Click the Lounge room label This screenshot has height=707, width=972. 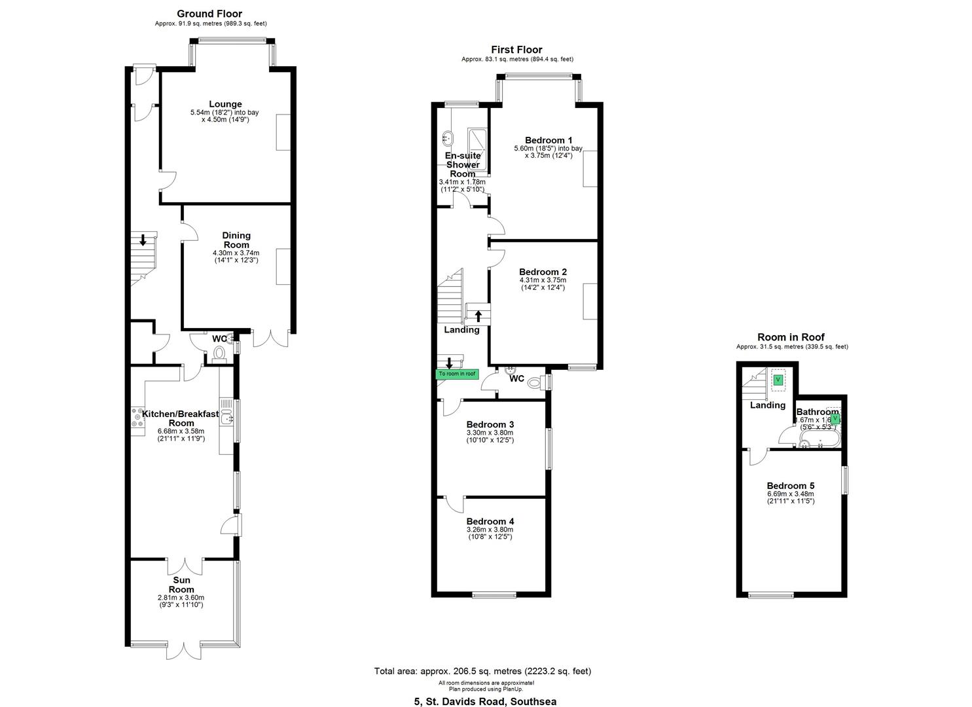click(x=225, y=104)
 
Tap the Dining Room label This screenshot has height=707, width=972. click(x=236, y=240)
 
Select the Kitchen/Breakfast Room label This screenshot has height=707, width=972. click(x=181, y=418)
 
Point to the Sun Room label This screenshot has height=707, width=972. click(x=181, y=584)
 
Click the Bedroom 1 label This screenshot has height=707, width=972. click(x=549, y=140)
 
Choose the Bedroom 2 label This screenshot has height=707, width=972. click(x=543, y=272)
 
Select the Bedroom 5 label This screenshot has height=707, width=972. click(x=791, y=486)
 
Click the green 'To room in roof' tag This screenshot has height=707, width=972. click(x=458, y=374)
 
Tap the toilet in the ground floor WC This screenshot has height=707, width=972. click(x=219, y=353)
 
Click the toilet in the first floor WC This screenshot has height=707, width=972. click(x=535, y=383)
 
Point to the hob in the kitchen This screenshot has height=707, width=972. click(x=138, y=418)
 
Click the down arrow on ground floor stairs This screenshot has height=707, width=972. click(x=143, y=240)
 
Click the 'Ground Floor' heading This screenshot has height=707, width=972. click(x=209, y=14)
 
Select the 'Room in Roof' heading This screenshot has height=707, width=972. click(x=791, y=337)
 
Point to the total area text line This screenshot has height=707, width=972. click(x=482, y=671)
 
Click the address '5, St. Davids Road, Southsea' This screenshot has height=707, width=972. click(x=485, y=701)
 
